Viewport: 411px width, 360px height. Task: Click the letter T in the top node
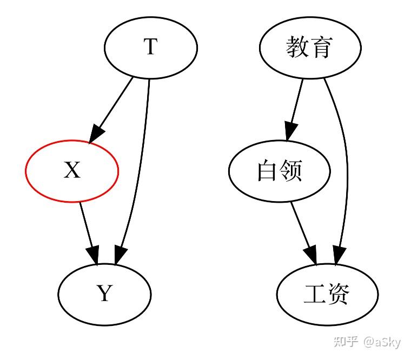tap(150, 48)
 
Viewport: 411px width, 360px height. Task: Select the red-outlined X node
tap(72, 171)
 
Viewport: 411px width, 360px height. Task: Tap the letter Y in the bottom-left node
tap(104, 294)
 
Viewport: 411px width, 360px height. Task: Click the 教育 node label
tap(309, 48)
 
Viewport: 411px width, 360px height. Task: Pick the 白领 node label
tap(279, 171)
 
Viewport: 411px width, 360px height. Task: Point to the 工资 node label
tap(327, 294)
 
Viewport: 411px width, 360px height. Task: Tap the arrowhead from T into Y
tap(120, 256)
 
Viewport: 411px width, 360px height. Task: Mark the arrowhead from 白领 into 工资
tap(311, 256)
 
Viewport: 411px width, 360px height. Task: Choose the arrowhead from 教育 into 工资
tap(339, 256)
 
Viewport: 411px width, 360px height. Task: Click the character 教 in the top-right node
tap(297, 48)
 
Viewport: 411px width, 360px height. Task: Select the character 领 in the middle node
tap(291, 171)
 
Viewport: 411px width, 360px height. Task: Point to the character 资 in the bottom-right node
tap(339, 294)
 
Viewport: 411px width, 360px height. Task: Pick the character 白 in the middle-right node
tap(267, 171)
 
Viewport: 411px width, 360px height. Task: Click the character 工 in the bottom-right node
tap(315, 294)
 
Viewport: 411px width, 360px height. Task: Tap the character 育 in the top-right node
tap(322, 48)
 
